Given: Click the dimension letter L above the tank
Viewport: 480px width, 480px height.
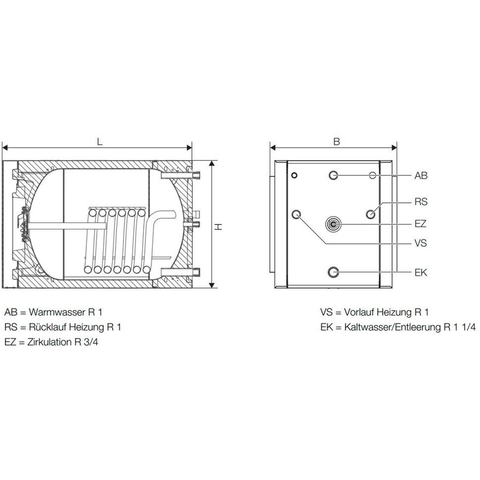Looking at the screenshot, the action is pyautogui.click(x=99, y=142).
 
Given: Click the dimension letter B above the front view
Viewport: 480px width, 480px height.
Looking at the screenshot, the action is pyautogui.click(x=336, y=142).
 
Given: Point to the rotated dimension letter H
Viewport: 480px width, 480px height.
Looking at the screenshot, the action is pyautogui.click(x=218, y=227).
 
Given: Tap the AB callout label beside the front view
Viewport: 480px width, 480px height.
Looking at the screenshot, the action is pyautogui.click(x=420, y=175).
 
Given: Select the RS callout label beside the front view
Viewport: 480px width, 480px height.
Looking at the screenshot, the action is pyautogui.click(x=421, y=202).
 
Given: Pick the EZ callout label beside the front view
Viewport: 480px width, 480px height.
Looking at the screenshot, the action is pyautogui.click(x=420, y=224).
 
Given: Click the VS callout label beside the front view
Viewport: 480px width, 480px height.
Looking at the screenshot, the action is pyautogui.click(x=420, y=243).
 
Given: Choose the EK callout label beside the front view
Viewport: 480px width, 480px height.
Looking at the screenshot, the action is pyautogui.click(x=420, y=272).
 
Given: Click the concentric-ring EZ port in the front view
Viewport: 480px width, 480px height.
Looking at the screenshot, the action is pyautogui.click(x=333, y=224).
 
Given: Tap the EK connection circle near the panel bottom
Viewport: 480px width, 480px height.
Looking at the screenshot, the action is pyautogui.click(x=333, y=272).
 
